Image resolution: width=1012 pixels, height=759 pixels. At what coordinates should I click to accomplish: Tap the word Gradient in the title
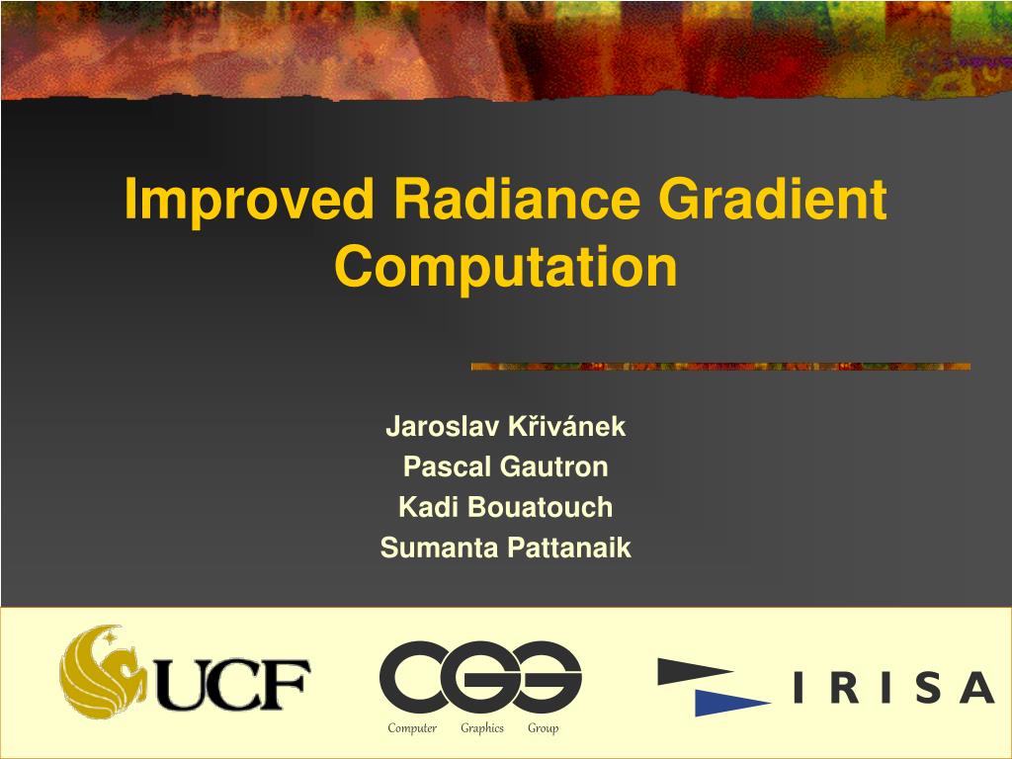[772, 202]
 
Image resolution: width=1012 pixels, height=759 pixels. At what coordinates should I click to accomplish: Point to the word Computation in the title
[506, 268]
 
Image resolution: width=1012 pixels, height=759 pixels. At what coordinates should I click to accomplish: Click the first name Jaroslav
[443, 427]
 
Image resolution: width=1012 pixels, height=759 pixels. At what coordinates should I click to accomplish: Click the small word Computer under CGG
[412, 728]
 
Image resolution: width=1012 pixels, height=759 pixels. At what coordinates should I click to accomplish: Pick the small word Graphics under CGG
[482, 728]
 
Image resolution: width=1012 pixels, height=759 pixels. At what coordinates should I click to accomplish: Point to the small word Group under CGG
[543, 728]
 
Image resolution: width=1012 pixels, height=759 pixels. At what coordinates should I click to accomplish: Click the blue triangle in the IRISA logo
[727, 701]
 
